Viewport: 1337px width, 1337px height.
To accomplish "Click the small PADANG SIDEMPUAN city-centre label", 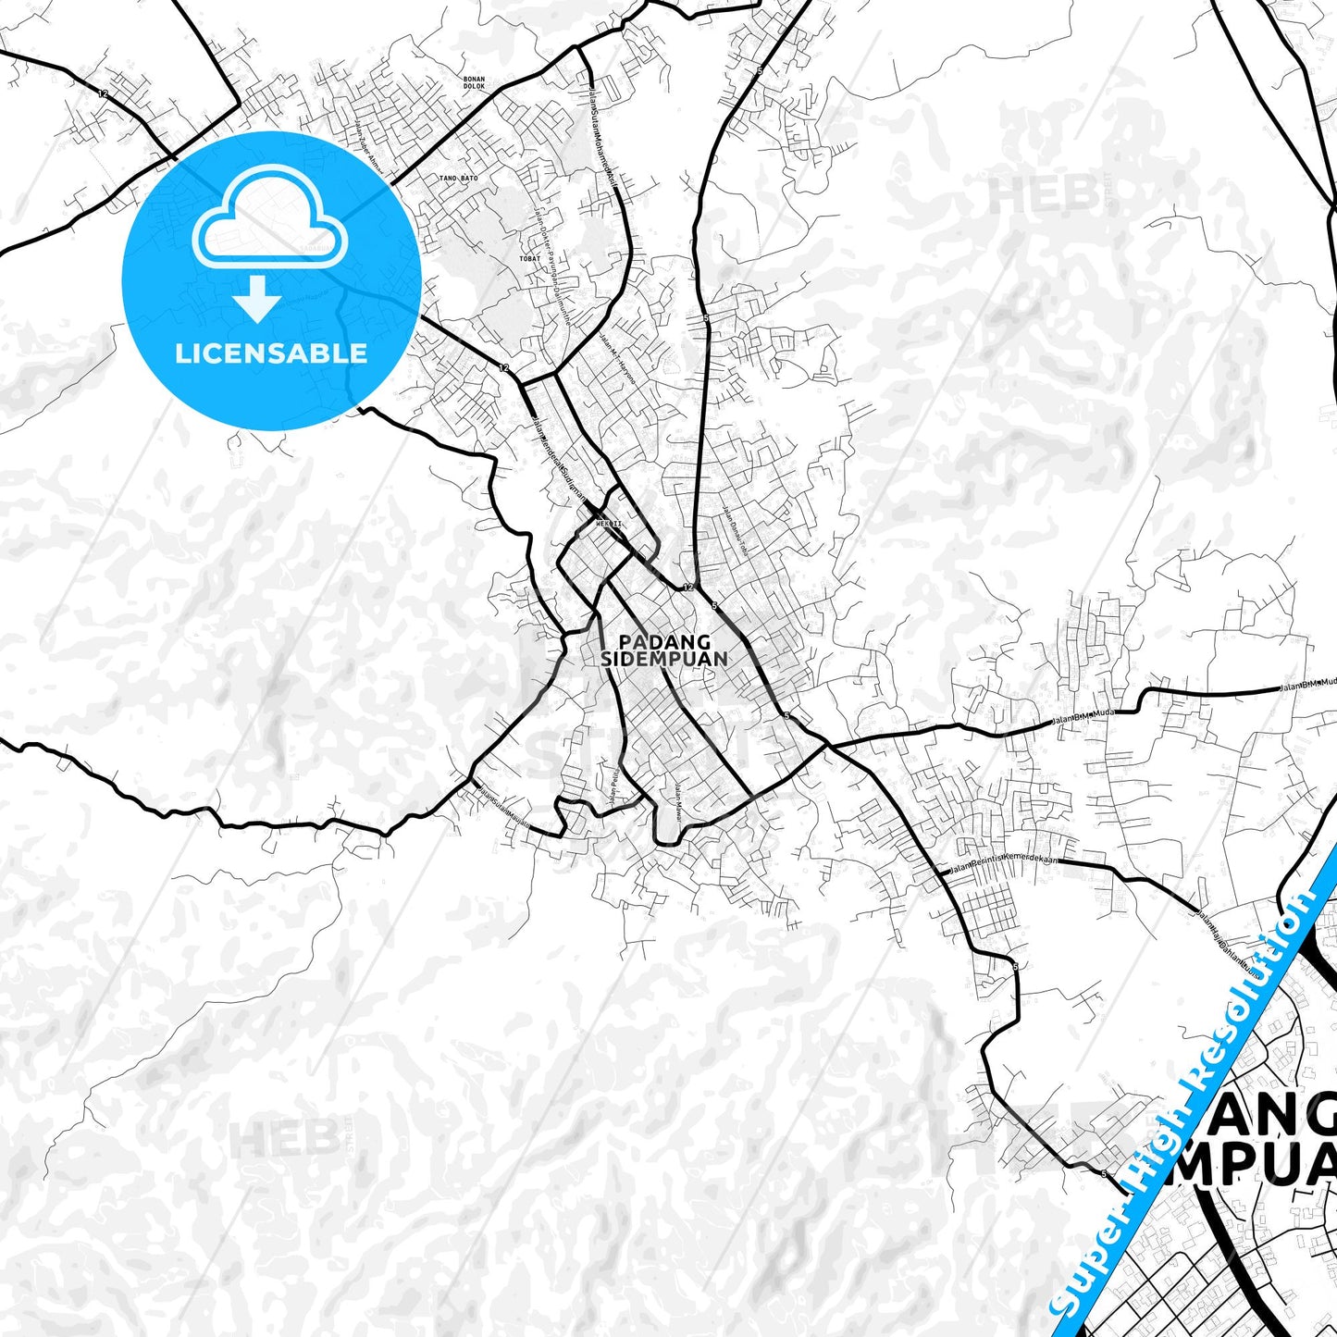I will tap(664, 650).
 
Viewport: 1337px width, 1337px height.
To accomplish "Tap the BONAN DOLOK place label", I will tap(474, 83).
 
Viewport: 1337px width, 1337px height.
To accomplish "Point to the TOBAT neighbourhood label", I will tap(529, 259).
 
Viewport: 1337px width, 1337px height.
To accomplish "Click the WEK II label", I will tap(608, 524).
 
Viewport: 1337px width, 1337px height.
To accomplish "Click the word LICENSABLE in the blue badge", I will tap(271, 353).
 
